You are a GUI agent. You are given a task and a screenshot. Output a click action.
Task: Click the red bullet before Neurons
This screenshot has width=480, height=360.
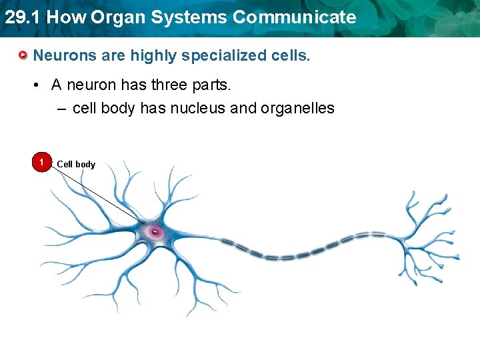click(23, 55)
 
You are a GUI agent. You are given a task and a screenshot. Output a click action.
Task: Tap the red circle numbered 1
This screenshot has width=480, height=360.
click(41, 163)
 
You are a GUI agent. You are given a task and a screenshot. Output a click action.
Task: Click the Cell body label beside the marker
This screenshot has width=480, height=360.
click(76, 164)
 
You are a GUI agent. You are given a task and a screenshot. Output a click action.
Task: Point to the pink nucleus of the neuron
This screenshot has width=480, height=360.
click(155, 232)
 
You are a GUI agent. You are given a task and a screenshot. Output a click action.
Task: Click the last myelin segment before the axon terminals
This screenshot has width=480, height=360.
click(377, 235)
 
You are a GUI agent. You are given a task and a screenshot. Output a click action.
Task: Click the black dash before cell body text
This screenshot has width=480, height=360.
click(61, 108)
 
